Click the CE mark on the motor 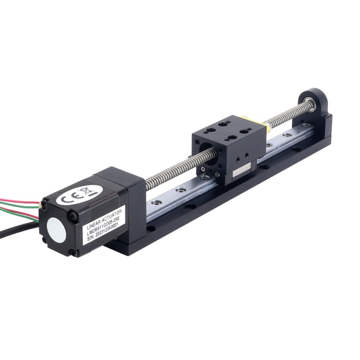(x=68, y=197)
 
